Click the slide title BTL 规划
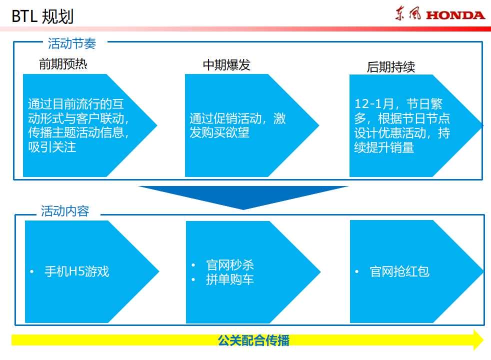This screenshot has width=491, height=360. [42, 16]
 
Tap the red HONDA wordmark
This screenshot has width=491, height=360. [455, 15]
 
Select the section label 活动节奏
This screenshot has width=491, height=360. [71, 43]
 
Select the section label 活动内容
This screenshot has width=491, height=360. [65, 211]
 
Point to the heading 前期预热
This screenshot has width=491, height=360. [63, 64]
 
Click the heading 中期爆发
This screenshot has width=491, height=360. [226, 65]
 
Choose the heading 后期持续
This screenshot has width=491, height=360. [391, 67]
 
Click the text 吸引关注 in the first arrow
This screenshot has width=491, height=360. [52, 147]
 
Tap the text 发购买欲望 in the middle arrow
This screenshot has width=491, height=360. [219, 132]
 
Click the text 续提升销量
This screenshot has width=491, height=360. [384, 147]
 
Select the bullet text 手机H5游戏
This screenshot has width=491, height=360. [76, 271]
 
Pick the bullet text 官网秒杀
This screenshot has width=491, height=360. [230, 265]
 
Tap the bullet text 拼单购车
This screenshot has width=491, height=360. [230, 279]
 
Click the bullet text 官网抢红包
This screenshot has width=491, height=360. [399, 271]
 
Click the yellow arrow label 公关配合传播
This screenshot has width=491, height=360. [253, 340]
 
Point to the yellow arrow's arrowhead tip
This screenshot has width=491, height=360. [483, 340]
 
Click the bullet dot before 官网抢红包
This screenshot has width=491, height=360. [356, 271]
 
